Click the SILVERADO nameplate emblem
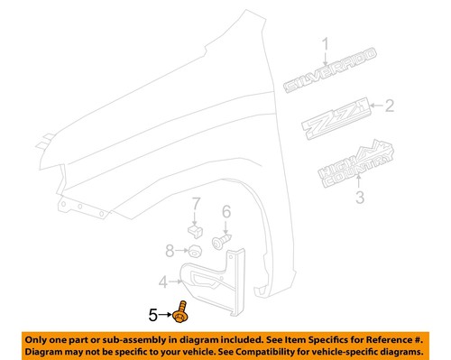(x=320, y=79)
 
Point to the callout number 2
(x=390, y=107)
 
